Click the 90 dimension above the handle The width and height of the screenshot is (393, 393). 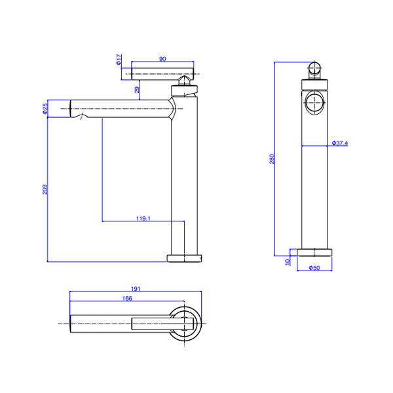(162, 59)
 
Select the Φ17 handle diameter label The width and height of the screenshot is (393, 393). (119, 60)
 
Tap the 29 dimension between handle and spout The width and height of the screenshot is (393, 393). (137, 90)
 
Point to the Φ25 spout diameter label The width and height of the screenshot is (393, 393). (45, 108)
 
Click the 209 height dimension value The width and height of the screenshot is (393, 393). (45, 189)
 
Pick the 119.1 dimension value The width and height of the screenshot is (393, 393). (143, 218)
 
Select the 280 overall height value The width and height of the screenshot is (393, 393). (272, 159)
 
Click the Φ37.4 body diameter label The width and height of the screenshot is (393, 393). (340, 143)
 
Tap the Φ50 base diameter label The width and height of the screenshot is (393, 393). (314, 268)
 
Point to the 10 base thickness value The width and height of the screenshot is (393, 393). (288, 262)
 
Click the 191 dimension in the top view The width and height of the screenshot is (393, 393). (136, 289)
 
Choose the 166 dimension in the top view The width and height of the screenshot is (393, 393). (127, 298)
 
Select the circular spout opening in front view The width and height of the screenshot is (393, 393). (314, 103)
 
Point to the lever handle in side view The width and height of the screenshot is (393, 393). (162, 74)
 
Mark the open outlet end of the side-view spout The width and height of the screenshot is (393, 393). (71, 109)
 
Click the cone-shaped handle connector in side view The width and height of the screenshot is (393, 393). (185, 81)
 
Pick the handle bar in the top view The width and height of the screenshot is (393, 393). (162, 324)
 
